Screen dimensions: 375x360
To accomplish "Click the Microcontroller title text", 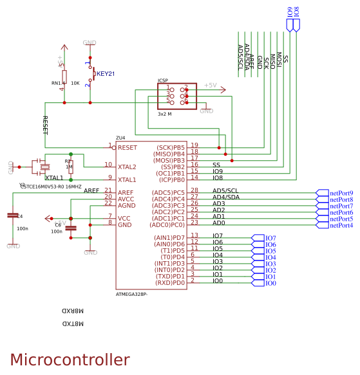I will point(70,360).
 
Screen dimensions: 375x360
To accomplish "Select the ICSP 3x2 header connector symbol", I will point(176,95).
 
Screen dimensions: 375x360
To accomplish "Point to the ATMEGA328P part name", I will point(131,294).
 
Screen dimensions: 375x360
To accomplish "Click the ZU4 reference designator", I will point(120,138).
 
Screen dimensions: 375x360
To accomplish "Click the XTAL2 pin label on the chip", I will point(127,167).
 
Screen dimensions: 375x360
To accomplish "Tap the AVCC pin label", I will point(126,199).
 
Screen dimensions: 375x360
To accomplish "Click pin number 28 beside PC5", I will point(194,190).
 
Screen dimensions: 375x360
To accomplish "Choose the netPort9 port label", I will point(341,193).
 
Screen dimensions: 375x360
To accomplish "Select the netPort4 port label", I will point(341,225).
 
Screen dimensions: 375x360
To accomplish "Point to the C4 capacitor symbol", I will point(12,215).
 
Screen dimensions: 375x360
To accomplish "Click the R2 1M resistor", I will point(70,167).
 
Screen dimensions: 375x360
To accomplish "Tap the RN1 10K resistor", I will point(64,77).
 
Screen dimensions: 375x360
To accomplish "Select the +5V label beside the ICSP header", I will point(211,86).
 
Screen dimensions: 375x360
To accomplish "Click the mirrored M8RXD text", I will point(72,311).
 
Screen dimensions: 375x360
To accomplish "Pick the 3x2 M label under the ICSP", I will point(165,114).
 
